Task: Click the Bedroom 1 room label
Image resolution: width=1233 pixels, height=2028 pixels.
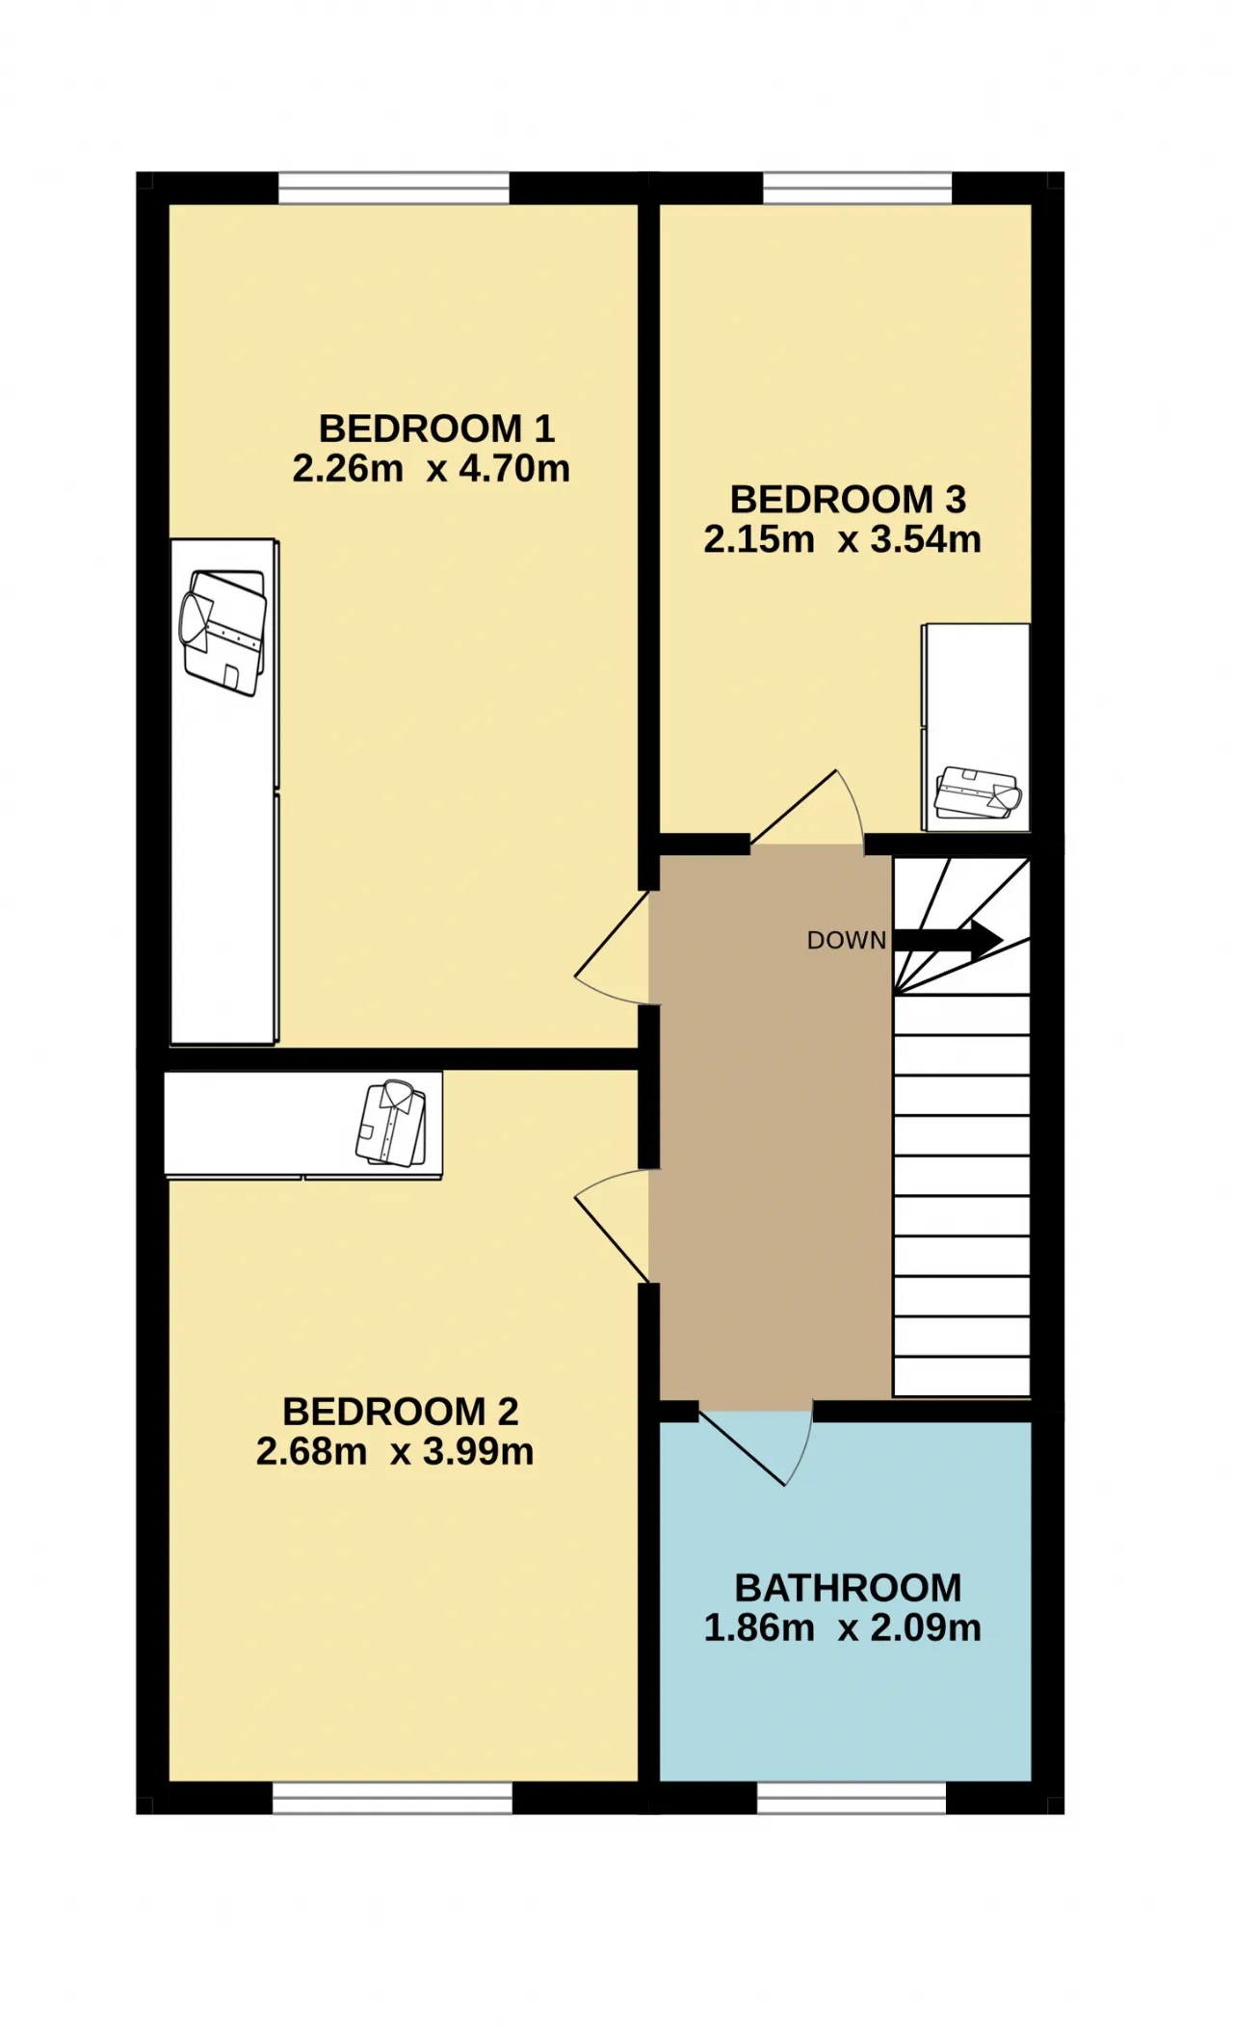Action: coord(436,429)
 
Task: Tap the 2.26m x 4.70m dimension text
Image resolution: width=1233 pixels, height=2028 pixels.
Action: coord(431,469)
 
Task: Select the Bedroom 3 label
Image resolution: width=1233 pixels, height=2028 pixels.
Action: coord(848,500)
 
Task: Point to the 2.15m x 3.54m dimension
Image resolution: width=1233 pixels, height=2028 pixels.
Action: coord(842,539)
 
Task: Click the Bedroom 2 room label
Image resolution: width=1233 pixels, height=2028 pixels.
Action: coord(401,1412)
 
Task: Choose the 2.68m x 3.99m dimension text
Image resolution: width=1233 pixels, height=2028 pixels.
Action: coord(395,1451)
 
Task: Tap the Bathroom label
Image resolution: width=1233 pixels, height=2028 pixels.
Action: coord(848,1588)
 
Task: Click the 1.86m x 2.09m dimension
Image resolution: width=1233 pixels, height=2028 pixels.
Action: coord(842,1627)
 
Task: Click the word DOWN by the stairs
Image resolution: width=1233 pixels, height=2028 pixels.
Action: coord(847,941)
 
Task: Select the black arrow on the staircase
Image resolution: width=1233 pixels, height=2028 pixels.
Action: coord(948,940)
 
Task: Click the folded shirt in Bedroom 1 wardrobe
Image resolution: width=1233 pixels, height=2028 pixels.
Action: coord(223,632)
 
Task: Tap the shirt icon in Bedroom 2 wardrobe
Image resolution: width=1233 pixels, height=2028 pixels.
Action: coord(391,1124)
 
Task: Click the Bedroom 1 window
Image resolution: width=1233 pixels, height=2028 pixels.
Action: coord(394,188)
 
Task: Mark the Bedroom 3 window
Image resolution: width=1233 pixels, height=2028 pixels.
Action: coord(857,188)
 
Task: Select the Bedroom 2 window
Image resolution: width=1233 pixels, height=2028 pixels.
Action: coord(392,1798)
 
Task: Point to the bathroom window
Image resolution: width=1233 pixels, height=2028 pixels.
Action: coord(852,1798)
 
